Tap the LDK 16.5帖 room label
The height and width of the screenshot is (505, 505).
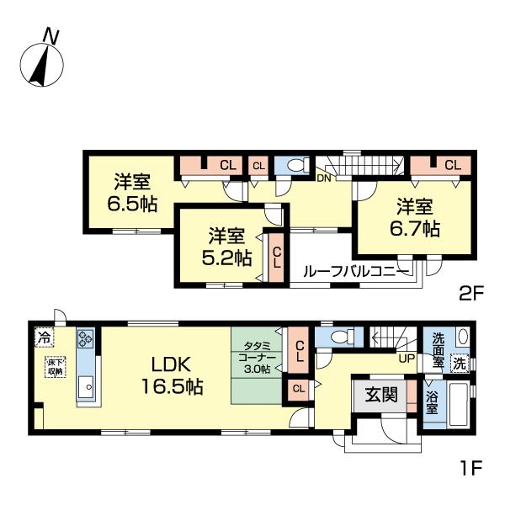(172, 376)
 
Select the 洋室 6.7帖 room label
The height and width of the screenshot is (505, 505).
(415, 218)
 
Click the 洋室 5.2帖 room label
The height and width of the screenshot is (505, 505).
(226, 247)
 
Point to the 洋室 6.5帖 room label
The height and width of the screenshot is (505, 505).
(132, 193)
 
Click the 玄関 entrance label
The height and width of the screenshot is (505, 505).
(381, 395)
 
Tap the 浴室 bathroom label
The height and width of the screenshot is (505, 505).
(432, 402)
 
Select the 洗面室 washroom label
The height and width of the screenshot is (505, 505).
(438, 350)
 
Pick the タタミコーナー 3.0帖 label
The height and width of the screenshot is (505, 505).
(257, 358)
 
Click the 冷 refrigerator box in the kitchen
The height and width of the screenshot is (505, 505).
(44, 338)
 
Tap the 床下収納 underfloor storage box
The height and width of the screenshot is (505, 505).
(56, 366)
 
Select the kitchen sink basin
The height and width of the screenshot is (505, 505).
(85, 386)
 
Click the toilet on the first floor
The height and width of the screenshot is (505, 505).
(342, 337)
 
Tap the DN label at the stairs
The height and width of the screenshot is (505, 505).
(324, 178)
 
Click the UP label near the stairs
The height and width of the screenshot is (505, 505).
(407, 359)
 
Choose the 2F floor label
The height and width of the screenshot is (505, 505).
(471, 294)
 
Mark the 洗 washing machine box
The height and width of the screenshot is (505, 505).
(459, 364)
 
